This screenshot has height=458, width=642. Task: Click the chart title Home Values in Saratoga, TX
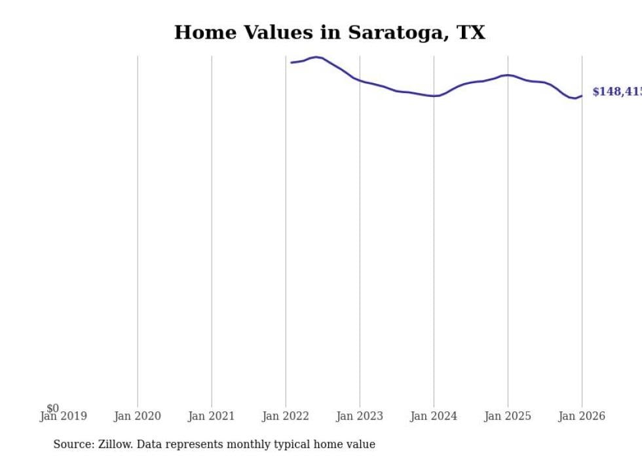[x=330, y=32]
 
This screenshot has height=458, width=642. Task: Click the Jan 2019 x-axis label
[x=63, y=416]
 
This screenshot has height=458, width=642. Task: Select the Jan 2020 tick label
[x=137, y=416]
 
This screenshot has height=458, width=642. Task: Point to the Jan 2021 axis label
[x=211, y=416]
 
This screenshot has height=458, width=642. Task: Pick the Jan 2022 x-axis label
[x=285, y=416]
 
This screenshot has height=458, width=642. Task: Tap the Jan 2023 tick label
[x=359, y=416]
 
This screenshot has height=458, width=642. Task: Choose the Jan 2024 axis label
[x=433, y=416]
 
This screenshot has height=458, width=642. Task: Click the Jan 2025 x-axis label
[x=507, y=416]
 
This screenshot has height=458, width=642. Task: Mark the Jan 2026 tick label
[x=581, y=416]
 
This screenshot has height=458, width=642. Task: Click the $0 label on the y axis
[x=52, y=408]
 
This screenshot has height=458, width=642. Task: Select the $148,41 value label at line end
[x=616, y=92]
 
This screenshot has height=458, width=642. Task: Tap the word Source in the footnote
[x=73, y=444]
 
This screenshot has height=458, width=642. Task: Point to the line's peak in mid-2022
[x=316, y=57]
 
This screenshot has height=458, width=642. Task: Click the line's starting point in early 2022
[x=292, y=62]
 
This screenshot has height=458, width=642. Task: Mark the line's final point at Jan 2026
[x=582, y=96]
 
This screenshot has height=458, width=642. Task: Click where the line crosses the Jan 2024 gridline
[x=433, y=96]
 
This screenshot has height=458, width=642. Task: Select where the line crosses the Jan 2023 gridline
[x=359, y=80]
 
